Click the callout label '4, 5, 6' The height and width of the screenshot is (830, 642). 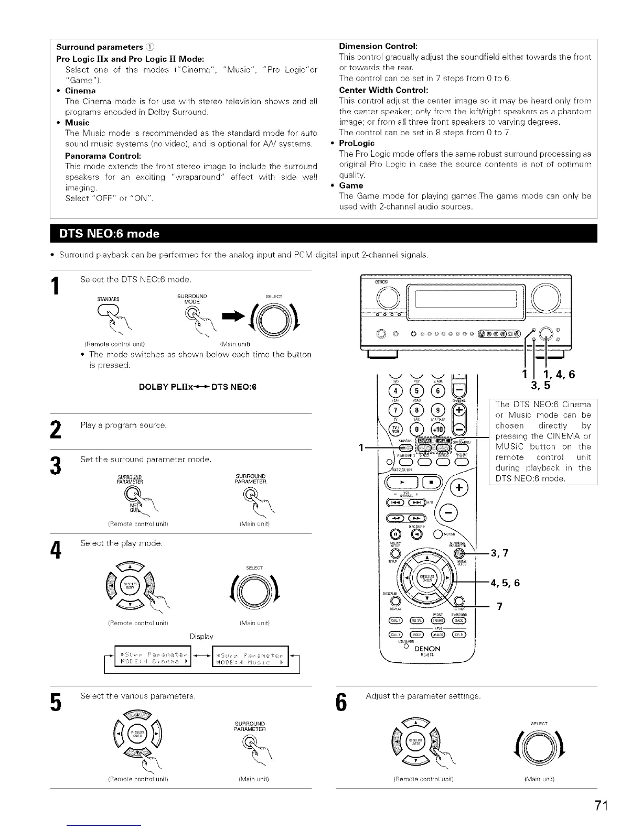point(505,583)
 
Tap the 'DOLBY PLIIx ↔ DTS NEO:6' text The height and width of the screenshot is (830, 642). point(198,387)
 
